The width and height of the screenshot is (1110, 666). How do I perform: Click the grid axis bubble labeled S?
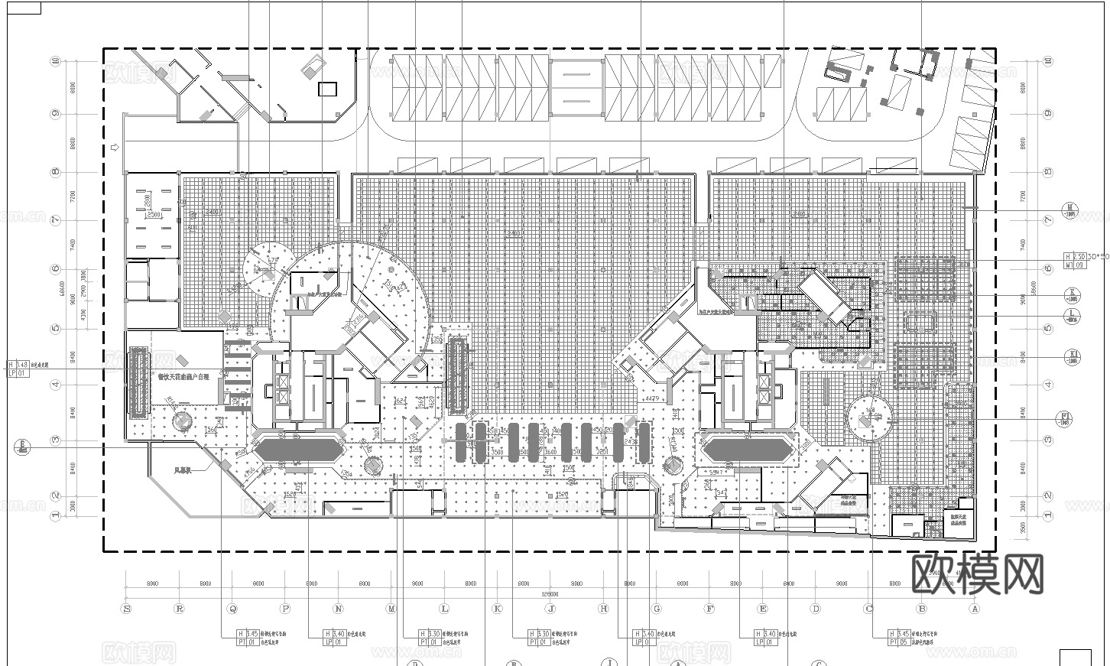pyautogui.click(x=126, y=609)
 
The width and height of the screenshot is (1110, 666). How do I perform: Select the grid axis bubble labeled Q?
pyautogui.click(x=232, y=609)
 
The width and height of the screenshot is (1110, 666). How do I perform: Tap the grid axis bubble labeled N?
pyautogui.click(x=338, y=609)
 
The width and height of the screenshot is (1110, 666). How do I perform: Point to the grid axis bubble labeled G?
pyautogui.click(x=657, y=609)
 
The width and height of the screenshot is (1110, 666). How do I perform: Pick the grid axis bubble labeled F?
pyautogui.click(x=709, y=609)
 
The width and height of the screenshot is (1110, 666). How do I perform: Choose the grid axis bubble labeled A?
pyautogui.click(x=974, y=609)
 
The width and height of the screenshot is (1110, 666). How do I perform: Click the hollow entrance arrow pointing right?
pyautogui.click(x=115, y=146)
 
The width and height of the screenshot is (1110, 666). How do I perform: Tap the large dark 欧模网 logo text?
pyautogui.click(x=979, y=573)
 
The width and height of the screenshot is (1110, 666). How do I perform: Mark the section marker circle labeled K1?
pyautogui.click(x=1073, y=356)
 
